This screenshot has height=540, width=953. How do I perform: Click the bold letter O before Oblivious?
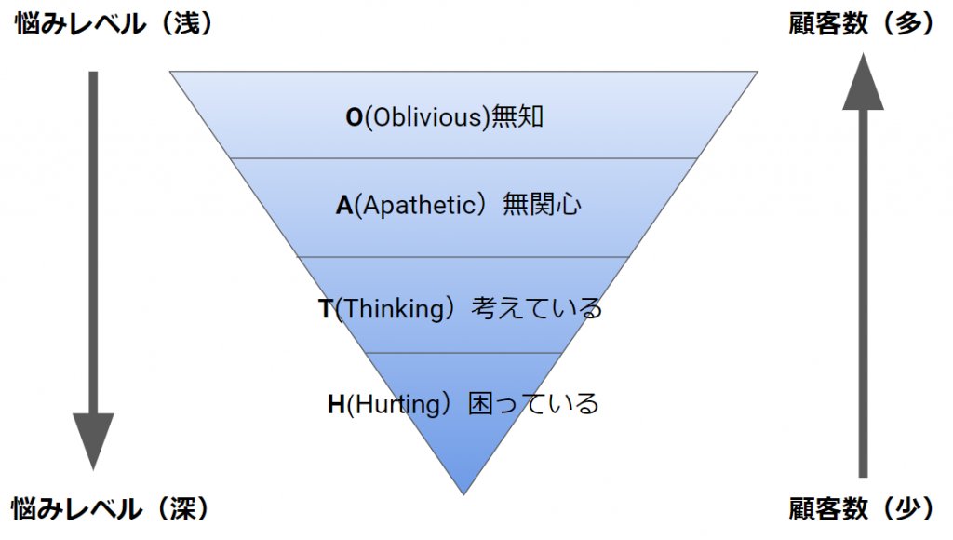355,117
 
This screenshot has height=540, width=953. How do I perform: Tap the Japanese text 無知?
517,116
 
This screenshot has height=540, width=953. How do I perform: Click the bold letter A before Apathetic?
344,205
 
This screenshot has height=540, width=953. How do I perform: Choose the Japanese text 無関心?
542,204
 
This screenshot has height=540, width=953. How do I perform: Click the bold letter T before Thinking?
326,308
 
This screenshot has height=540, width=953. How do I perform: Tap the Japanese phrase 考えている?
537,307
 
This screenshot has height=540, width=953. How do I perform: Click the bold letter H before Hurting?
336,404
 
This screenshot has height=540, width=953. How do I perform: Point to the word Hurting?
396,404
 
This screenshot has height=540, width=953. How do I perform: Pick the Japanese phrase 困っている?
533,404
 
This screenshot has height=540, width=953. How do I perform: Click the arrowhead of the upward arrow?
863,81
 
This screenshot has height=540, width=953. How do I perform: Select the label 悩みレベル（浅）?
114,23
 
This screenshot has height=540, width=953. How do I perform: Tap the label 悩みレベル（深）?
111,508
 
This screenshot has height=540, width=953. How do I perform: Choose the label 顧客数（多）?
861,23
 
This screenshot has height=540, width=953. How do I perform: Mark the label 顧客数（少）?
861,508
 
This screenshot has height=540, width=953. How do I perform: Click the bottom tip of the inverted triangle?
463,494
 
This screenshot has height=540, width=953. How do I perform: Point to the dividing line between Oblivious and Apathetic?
463,158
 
